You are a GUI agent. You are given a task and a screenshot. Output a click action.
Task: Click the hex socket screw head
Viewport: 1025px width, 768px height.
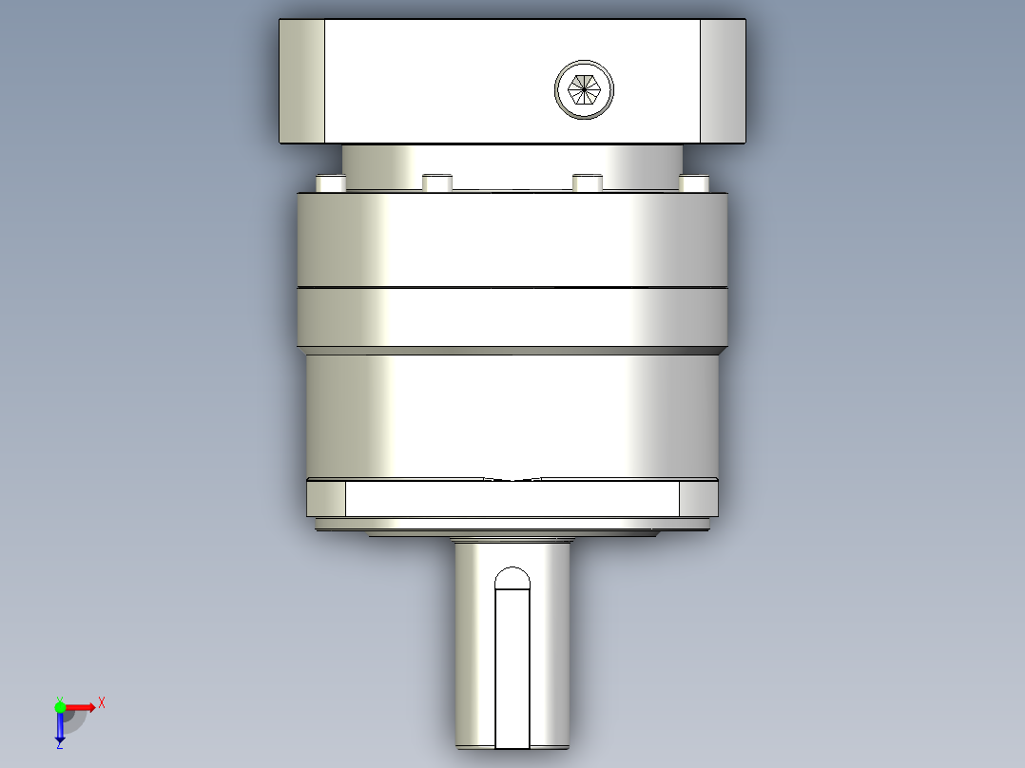point(584,89)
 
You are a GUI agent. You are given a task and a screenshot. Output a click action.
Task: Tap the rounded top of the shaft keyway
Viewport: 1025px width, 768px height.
point(512,578)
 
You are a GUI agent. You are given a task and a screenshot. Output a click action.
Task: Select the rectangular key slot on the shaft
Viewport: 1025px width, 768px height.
point(512,668)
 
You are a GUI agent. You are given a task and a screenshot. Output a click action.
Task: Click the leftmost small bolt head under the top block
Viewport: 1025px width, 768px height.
point(331,183)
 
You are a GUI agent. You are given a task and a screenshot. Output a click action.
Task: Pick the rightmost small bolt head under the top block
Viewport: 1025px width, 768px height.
point(693,183)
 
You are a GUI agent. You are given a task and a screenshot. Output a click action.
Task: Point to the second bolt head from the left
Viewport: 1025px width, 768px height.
point(437,183)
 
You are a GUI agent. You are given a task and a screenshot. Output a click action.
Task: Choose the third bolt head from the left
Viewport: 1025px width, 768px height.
point(587,183)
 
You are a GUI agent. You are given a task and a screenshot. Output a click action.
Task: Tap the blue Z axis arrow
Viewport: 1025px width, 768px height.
point(60,726)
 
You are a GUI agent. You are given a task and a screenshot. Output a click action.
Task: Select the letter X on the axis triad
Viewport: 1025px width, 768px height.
point(102,703)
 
